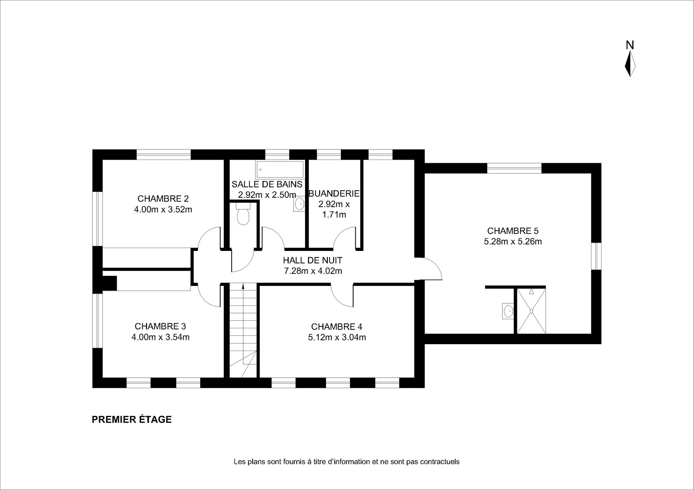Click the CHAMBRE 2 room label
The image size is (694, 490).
(163, 199)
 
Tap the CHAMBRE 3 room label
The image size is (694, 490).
(160, 326)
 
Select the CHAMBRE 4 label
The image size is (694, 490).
(337, 327)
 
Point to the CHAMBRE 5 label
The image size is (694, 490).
(513, 231)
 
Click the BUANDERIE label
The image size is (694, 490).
(334, 194)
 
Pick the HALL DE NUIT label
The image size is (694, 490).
(312, 260)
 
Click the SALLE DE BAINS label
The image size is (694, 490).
(267, 184)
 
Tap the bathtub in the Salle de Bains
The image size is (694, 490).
(279, 169)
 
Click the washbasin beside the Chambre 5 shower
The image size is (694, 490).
(508, 311)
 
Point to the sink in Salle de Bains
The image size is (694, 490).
(299, 204)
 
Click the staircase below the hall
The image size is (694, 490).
(243, 330)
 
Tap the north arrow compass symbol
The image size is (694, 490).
(630, 64)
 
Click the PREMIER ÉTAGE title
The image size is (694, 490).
(132, 419)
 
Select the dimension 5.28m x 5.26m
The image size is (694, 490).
(513, 242)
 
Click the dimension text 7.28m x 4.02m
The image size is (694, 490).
(313, 271)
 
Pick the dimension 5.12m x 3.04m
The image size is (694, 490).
(337, 337)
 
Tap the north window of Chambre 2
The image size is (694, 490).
(163, 155)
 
